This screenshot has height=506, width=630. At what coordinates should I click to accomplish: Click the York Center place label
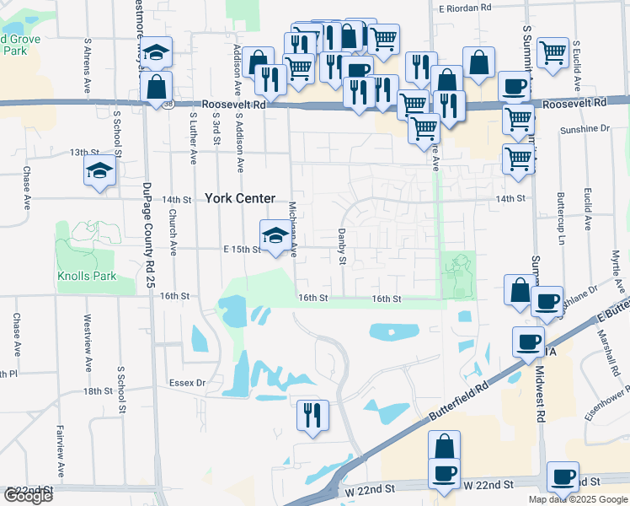click(240, 198)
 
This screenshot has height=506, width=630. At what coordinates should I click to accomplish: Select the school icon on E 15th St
click(275, 235)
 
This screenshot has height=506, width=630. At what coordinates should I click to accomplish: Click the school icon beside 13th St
click(99, 171)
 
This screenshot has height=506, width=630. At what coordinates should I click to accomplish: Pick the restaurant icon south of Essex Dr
click(312, 415)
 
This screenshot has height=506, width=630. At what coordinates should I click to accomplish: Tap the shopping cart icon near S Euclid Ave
click(553, 52)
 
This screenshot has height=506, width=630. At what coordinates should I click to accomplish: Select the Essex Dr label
click(190, 382)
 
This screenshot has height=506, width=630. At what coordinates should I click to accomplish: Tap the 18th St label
click(98, 391)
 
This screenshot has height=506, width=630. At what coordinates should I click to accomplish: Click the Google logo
click(28, 496)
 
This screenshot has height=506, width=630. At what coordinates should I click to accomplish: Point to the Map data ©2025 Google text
click(578, 499)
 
